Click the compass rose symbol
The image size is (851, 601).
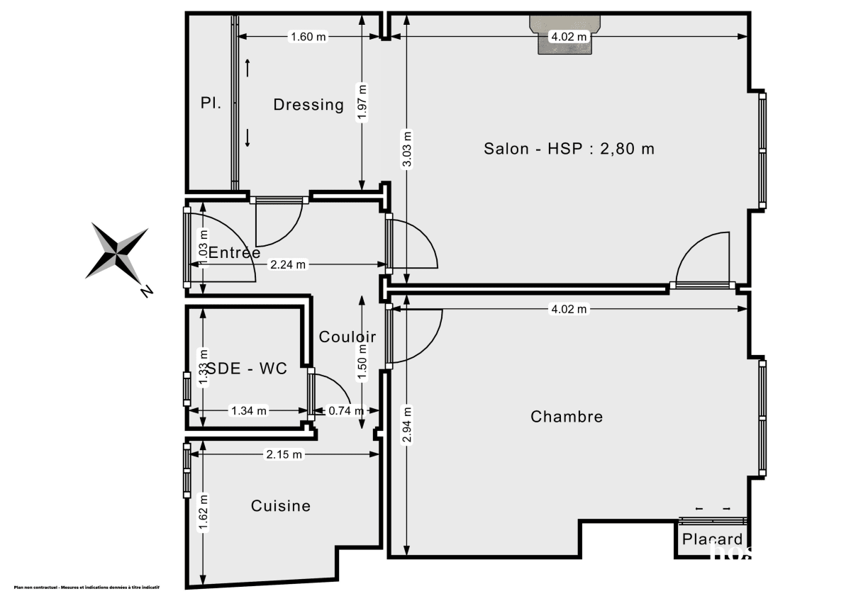[117, 253]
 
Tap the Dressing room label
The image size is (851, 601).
[308, 105]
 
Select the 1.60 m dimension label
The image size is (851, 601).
[308, 38]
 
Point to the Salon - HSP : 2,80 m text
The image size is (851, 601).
[569, 149]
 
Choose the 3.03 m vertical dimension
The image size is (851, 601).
[406, 150]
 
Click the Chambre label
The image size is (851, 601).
[567, 417]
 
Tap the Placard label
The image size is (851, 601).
[712, 539]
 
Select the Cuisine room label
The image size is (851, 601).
[281, 506]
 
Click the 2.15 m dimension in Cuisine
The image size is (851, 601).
[285, 454]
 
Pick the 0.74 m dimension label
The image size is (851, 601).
[345, 410]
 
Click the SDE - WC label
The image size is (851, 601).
[245, 369]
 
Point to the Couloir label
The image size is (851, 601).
[347, 337]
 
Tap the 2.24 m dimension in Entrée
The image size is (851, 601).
[287, 265]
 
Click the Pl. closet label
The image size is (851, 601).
[211, 103]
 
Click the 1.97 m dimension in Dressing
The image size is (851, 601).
[362, 104]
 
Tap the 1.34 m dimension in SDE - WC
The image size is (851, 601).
[248, 410]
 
